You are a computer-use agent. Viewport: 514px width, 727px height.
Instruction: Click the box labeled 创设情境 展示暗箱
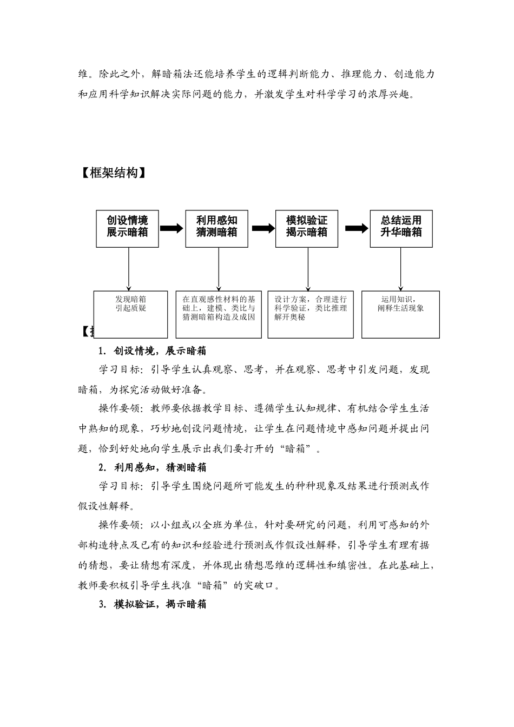(127, 228)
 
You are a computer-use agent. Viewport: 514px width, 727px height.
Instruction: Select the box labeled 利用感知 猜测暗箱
(216, 228)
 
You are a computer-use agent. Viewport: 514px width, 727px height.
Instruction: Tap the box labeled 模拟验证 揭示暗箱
(306, 228)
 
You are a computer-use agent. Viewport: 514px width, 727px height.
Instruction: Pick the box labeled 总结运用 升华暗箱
(401, 228)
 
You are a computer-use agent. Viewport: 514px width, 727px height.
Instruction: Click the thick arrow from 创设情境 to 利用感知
(172, 228)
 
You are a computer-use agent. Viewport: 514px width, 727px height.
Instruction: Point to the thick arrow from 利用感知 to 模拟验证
(263, 228)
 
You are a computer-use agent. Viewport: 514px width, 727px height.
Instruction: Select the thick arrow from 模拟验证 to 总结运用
(356, 228)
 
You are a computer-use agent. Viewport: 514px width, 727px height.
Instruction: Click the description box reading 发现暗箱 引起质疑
(130, 314)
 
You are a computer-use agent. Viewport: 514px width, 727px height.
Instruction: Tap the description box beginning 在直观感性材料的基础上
(219, 314)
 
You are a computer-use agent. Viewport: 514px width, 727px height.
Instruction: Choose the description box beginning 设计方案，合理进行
(310, 314)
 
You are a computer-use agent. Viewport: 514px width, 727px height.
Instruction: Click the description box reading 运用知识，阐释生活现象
(401, 314)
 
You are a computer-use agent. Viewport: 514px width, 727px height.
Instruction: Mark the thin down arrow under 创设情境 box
(128, 269)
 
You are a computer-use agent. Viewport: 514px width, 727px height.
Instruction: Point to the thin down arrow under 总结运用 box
(401, 269)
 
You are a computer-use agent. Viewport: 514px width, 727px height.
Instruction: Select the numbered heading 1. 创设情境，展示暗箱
(153, 351)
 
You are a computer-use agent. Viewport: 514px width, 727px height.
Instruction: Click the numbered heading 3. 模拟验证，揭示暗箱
(153, 605)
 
